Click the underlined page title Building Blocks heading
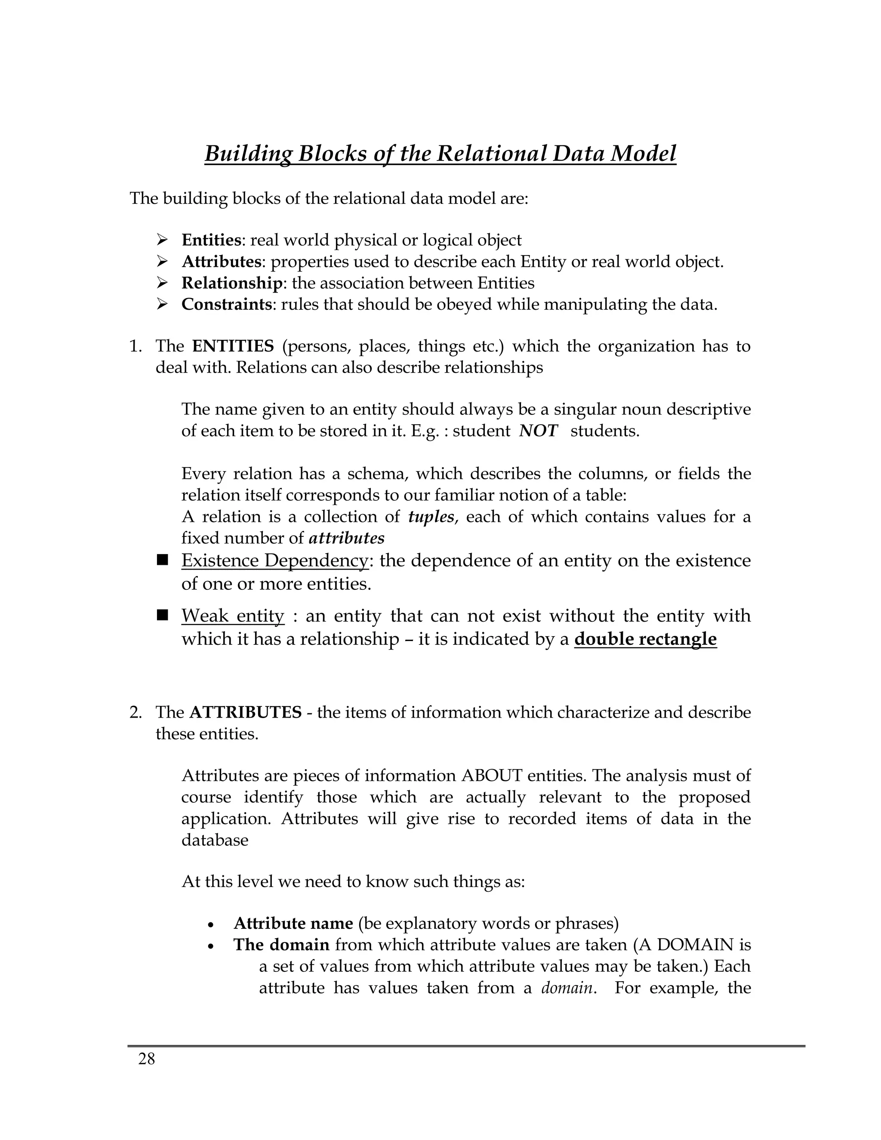click(440, 154)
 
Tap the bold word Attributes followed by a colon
click(221, 262)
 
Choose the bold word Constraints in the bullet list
click(227, 304)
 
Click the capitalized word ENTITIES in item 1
click(233, 346)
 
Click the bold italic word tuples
click(431, 517)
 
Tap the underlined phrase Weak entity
click(233, 616)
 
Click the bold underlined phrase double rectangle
click(645, 639)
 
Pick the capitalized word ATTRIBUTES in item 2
click(245, 712)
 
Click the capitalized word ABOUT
click(492, 776)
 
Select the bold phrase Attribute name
click(293, 923)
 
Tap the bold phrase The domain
click(281, 945)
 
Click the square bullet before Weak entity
click(162, 615)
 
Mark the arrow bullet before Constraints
click(162, 304)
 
